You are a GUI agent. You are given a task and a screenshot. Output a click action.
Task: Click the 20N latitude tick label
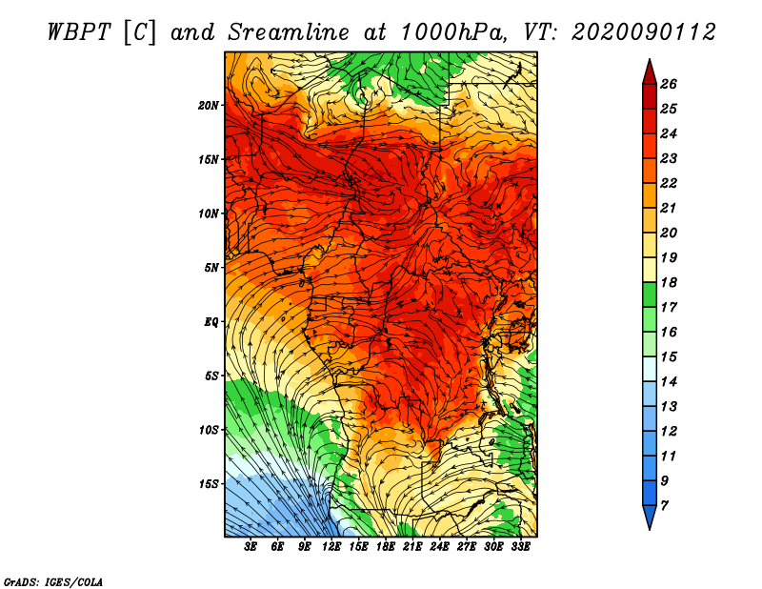tap(209, 106)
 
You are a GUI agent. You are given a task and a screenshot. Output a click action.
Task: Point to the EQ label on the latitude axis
tap(211, 322)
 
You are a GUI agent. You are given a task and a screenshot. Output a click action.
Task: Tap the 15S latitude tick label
tap(209, 484)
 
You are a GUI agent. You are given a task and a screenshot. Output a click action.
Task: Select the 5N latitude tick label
tap(211, 268)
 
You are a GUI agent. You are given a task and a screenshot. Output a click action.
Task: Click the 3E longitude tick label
tap(251, 547)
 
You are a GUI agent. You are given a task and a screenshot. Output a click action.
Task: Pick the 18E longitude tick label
tap(386, 547)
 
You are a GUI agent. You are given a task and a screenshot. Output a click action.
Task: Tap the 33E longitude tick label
tap(520, 547)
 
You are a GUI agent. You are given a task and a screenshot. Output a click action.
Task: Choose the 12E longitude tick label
tap(331, 547)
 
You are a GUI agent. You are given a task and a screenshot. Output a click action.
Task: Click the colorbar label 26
tap(669, 84)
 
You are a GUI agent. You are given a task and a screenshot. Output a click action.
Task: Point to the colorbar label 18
tap(669, 282)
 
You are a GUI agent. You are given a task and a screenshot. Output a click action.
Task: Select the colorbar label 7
tap(664, 506)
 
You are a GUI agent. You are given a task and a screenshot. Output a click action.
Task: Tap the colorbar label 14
tap(669, 382)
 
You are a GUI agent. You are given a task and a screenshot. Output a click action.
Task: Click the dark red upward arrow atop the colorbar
tap(650, 72)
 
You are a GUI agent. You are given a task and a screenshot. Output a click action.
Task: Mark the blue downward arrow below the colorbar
tap(650, 518)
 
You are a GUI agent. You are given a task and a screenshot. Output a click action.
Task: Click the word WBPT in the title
tap(80, 32)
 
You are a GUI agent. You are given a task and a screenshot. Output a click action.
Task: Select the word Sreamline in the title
tap(289, 32)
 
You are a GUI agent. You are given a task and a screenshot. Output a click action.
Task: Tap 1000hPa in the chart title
tap(451, 32)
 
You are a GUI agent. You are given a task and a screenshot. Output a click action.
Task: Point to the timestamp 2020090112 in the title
tap(643, 32)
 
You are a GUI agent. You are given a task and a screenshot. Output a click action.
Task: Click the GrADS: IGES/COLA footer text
tap(53, 582)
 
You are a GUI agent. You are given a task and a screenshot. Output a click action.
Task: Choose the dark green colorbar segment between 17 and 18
tap(650, 294)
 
